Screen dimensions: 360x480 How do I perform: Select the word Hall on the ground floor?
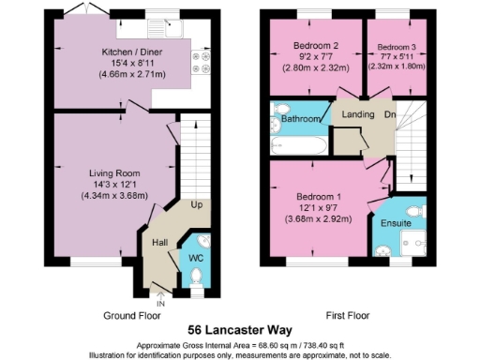(x=160, y=243)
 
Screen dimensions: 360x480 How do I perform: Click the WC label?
(x=196, y=256)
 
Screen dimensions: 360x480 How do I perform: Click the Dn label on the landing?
(x=389, y=116)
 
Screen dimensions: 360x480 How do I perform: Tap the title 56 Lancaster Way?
(x=239, y=329)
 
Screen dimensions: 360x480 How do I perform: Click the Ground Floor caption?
(x=130, y=316)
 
